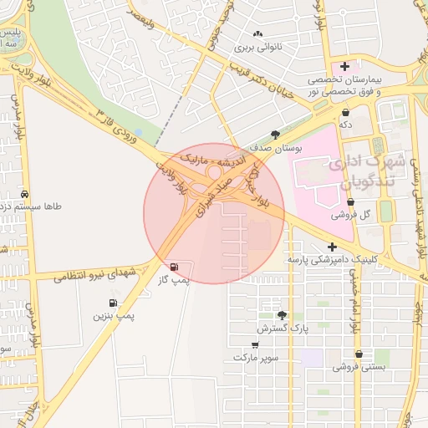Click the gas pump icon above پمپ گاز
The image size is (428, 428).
coord(174,267)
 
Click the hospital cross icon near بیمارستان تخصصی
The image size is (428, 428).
coord(344,65)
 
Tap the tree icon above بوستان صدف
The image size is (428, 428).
coord(275,134)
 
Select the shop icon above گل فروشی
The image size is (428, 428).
coord(350,201)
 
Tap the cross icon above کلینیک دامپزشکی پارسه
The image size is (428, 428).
coord(333,247)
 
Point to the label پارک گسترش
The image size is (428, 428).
coord(283,329)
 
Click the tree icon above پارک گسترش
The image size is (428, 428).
coord(283,315)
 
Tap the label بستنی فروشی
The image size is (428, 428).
coord(358,367)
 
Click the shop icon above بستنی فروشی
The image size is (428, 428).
coord(359,354)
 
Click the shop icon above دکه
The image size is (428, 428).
coord(344,110)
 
